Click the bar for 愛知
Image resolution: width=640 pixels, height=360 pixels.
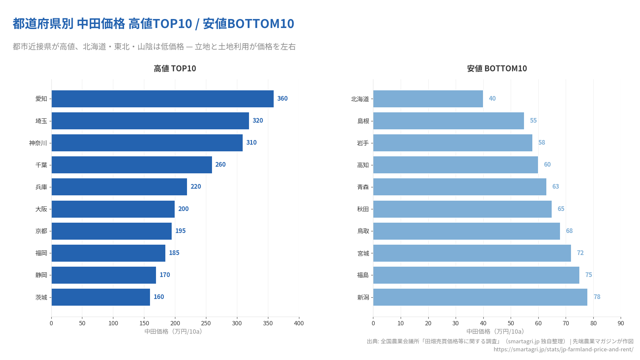(162, 99)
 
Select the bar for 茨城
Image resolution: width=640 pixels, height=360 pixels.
(101, 297)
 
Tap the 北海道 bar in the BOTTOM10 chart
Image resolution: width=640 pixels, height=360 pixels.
(428, 99)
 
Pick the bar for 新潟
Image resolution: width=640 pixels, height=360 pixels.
(480, 297)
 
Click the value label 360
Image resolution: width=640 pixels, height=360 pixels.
(282, 99)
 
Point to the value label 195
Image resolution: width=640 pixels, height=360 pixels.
(180, 231)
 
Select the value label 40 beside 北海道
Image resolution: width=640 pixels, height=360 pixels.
(492, 99)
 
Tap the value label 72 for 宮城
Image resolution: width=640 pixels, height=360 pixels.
(580, 253)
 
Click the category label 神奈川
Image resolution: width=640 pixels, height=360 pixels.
(38, 143)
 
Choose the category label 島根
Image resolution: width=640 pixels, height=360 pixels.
(363, 121)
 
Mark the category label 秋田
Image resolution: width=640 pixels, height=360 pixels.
(363, 209)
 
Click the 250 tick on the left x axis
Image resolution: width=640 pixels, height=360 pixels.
(206, 323)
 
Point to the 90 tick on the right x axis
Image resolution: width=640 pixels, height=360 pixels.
(621, 323)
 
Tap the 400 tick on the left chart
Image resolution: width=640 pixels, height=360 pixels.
(299, 323)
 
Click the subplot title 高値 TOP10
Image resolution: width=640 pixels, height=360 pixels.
(175, 68)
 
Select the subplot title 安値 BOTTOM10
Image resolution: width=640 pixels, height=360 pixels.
(497, 68)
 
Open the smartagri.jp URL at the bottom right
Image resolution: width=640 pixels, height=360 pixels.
(563, 349)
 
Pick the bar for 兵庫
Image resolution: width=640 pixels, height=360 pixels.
(119, 187)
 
